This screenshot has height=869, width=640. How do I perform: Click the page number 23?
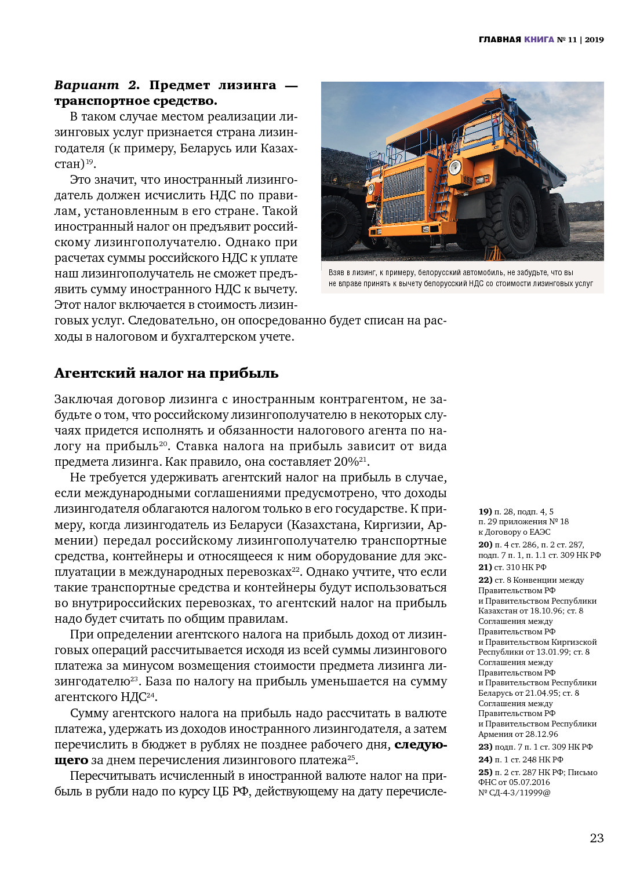(597, 838)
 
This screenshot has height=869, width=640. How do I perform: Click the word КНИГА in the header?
(539, 39)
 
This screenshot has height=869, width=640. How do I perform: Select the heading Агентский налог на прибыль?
(166, 373)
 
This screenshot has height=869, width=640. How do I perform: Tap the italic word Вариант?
(86, 85)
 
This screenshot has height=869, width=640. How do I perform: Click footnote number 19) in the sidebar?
(485, 512)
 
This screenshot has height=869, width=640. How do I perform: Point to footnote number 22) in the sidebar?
(485, 580)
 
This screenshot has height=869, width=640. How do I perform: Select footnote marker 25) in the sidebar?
(485, 772)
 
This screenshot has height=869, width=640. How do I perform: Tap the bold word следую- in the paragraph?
(421, 744)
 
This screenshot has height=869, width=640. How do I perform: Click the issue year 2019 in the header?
(594, 39)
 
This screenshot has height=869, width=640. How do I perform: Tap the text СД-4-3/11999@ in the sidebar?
(519, 793)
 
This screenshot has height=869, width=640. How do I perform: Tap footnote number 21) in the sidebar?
(485, 567)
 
